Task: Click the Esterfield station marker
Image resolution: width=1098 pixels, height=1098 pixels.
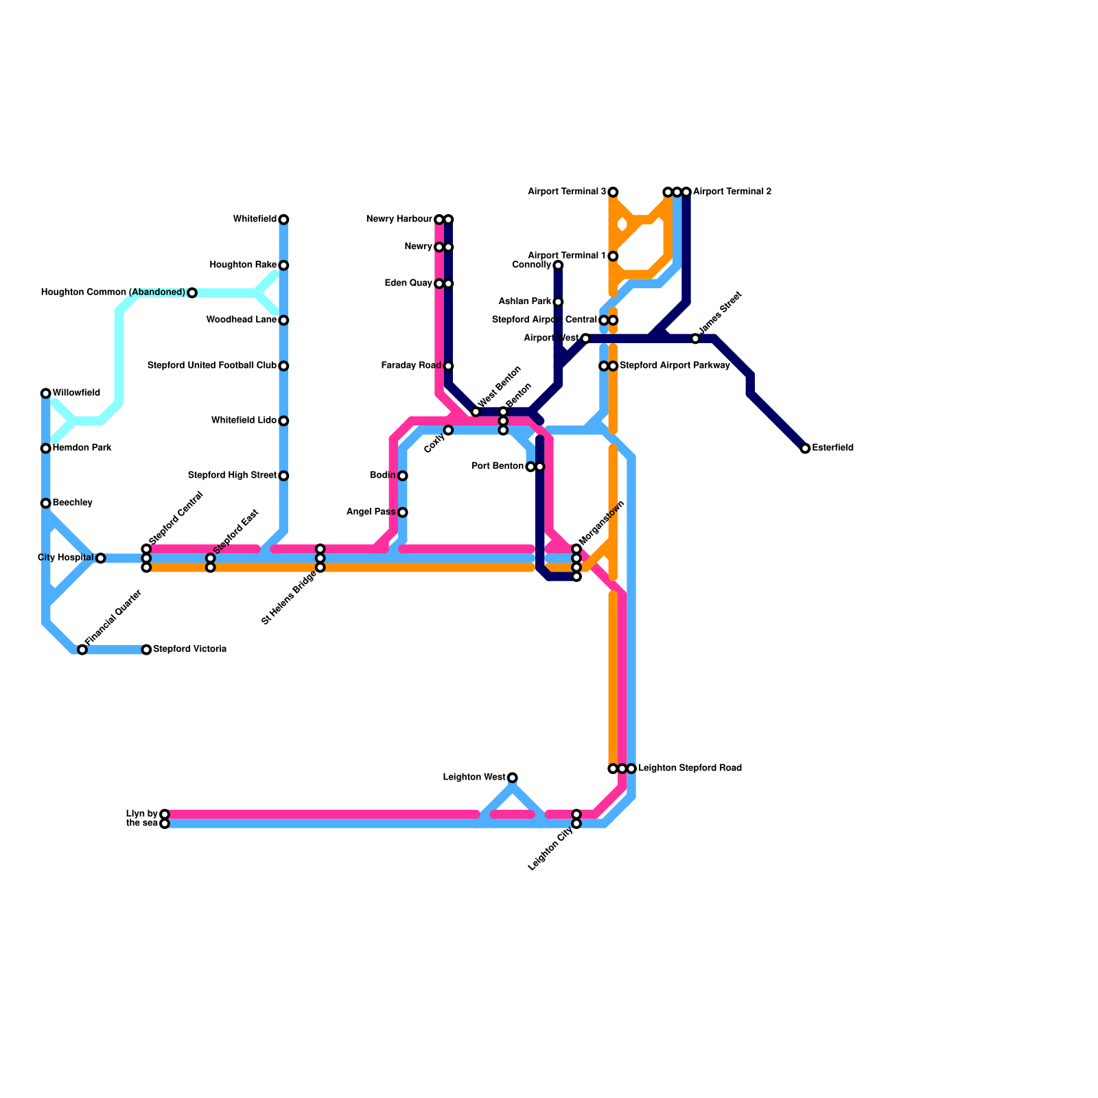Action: coord(805,449)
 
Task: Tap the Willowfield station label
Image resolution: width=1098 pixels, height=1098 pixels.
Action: coord(76,393)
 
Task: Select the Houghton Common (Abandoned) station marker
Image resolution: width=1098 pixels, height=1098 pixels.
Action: coord(192,293)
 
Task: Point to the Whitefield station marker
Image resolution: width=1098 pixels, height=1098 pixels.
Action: coord(283,220)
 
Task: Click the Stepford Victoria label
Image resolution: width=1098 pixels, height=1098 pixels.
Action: coord(189,649)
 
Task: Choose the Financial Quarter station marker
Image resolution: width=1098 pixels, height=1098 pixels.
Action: coord(82,650)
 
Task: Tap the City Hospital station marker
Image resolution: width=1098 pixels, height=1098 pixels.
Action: coord(101,559)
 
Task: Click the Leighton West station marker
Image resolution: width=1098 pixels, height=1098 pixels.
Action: coord(513,778)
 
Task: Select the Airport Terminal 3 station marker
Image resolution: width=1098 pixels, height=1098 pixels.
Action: coord(613,192)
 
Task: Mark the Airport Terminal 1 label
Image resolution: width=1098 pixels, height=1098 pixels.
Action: coord(566,256)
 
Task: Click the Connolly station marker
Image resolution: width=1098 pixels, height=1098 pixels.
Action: coord(558,266)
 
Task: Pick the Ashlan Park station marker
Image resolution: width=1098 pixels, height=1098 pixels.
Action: coord(558,302)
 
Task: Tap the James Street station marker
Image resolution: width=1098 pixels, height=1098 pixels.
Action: coord(695,339)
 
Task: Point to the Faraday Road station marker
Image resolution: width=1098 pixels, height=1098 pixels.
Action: coord(448,366)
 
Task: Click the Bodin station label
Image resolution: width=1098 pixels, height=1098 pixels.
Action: coord(382,476)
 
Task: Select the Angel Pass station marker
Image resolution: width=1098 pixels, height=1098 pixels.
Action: coord(403,513)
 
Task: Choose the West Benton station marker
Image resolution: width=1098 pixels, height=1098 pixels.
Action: coord(476,412)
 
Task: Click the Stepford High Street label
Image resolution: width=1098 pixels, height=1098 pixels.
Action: coord(232,476)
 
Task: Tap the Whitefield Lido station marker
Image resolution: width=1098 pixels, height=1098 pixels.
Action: coord(283,421)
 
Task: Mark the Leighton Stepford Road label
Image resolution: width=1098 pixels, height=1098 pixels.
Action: coord(690,769)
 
